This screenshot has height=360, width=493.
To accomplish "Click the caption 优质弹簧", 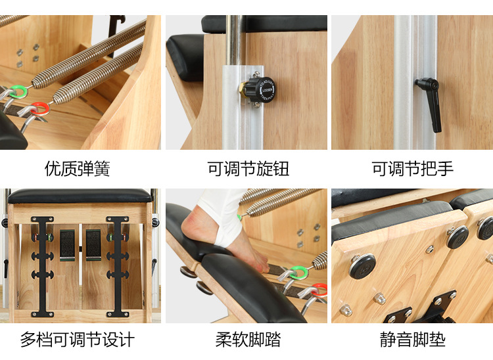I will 77,169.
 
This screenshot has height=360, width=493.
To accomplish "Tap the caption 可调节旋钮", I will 248,169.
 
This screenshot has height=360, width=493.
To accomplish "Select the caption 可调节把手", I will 412,169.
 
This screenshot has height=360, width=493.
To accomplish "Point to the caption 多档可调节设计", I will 77,340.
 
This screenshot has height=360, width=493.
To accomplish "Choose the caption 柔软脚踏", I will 248,340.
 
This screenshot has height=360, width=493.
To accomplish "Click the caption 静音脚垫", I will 412,340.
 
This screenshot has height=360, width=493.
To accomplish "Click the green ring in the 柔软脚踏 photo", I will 298,270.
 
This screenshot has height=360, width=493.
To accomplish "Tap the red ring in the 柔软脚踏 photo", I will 319,288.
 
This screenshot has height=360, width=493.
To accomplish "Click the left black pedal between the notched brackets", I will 68,244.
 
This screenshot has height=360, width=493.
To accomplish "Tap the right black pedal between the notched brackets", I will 93,244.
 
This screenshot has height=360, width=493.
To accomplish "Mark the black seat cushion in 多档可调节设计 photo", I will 79,196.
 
